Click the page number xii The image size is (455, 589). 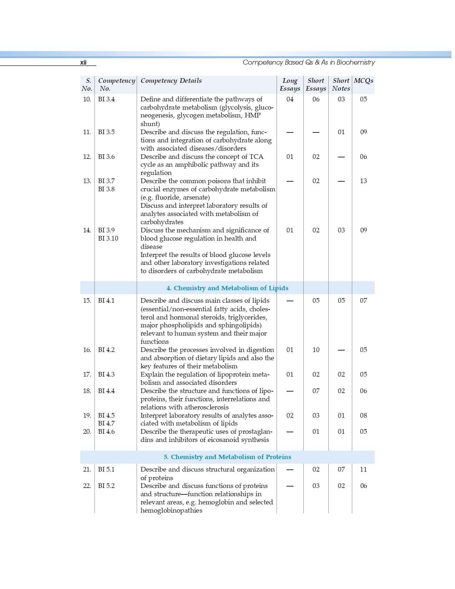83,62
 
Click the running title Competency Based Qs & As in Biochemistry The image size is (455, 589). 309,62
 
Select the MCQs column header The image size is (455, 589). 363,81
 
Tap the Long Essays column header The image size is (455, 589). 290,85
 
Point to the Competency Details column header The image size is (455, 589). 171,81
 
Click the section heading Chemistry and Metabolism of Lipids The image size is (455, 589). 227,288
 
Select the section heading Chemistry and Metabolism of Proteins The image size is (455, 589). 227,457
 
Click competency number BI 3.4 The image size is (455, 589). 106,99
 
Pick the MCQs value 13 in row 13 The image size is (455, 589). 363,181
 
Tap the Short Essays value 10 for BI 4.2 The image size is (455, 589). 316,350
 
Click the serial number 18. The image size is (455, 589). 87,391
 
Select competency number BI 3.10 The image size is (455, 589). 108,238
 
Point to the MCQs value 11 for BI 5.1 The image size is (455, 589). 363,469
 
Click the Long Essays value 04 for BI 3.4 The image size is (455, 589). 290,99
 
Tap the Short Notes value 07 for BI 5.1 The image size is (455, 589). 341,469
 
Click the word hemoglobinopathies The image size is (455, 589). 171,510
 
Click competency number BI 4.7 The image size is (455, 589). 106,423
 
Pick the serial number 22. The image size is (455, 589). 87,486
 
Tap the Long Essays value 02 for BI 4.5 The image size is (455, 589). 290,416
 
